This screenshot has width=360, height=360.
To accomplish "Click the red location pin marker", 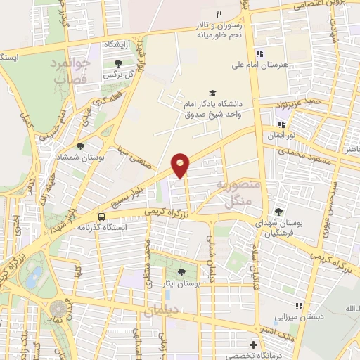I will (181, 165).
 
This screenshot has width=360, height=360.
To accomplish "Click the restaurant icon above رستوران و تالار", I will (219, 15).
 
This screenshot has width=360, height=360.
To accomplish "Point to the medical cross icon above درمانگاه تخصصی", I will (254, 345).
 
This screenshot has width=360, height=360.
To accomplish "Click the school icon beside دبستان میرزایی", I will (300, 306).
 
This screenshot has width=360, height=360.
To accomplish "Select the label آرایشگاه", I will (120, 44).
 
